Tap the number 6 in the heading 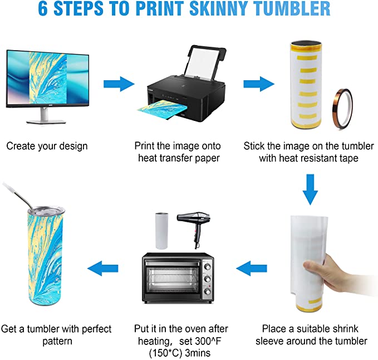(43, 9)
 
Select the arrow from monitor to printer (119, 84)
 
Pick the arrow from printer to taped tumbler (259, 84)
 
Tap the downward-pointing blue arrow (310, 189)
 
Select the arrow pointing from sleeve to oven (252, 268)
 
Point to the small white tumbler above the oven (161, 231)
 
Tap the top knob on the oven (207, 266)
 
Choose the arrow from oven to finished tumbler (102, 268)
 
